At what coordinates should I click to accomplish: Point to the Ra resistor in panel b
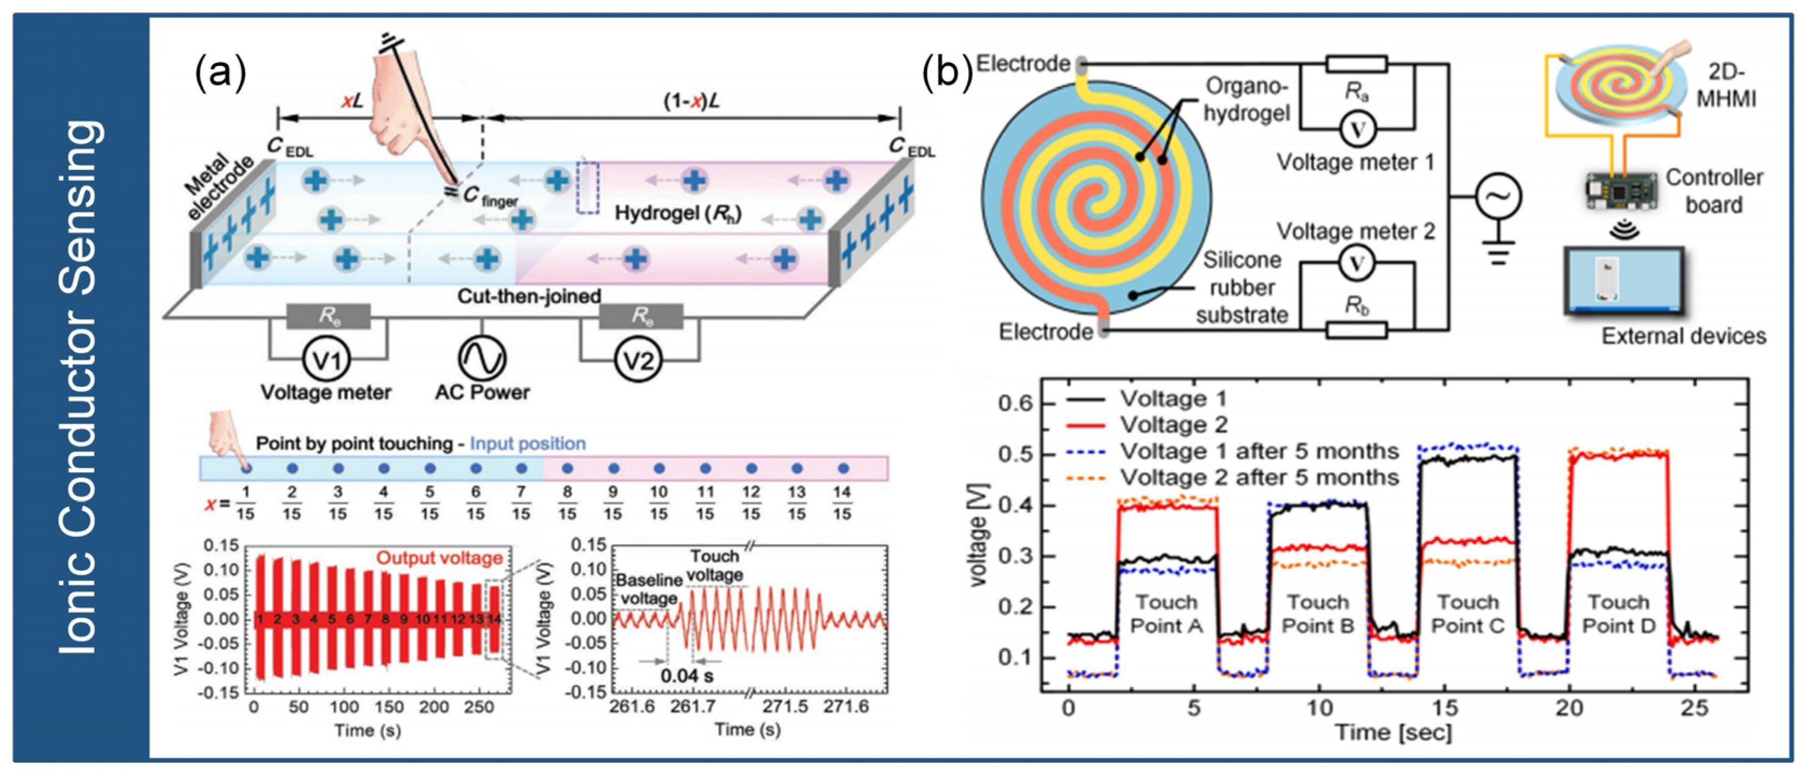click(1356, 64)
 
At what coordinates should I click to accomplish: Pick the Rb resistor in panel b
click(1356, 329)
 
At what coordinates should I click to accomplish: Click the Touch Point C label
click(1468, 614)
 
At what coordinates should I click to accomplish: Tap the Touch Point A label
click(1167, 614)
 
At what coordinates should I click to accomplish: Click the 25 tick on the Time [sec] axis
click(1694, 707)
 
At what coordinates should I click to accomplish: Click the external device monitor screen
click(1623, 280)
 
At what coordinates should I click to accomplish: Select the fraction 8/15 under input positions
click(568, 503)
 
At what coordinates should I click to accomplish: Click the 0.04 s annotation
click(687, 676)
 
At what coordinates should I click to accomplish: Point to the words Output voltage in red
click(439, 558)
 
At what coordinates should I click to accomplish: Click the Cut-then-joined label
click(529, 296)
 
